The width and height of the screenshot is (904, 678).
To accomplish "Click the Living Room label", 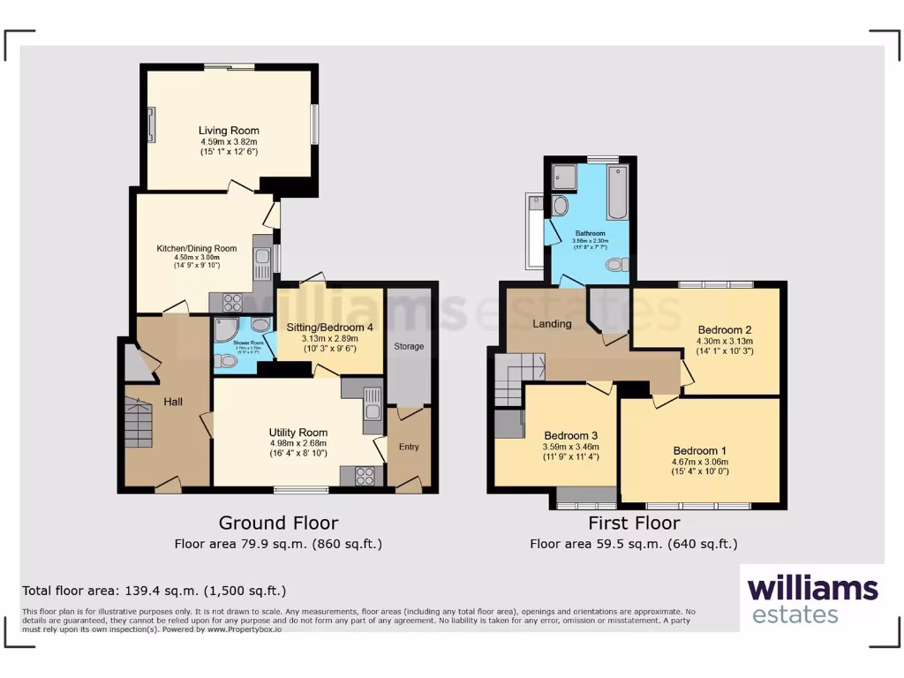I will [229, 131].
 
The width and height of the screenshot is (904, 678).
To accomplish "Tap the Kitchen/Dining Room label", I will [197, 249].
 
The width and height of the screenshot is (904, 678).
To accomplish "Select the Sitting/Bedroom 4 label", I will [330, 327].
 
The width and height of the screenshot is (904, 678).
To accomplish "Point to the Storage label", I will [409, 346].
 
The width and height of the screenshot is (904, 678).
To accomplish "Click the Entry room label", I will [409, 447].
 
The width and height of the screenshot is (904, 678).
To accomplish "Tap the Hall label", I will [173, 402].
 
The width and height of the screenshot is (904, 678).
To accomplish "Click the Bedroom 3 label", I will [570, 435].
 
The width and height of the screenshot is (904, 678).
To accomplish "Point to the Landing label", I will [553, 324].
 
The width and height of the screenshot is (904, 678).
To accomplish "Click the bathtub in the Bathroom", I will [617, 192].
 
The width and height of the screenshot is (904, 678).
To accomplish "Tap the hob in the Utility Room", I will [364, 476].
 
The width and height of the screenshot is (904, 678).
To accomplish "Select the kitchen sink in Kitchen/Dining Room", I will [262, 258].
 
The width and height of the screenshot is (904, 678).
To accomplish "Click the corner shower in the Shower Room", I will [226, 331].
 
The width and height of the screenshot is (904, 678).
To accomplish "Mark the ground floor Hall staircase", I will [138, 422].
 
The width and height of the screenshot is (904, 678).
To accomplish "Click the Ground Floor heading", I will [278, 523].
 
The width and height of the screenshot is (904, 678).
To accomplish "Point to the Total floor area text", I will [154, 591].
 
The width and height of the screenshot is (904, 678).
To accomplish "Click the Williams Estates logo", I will [812, 599].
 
